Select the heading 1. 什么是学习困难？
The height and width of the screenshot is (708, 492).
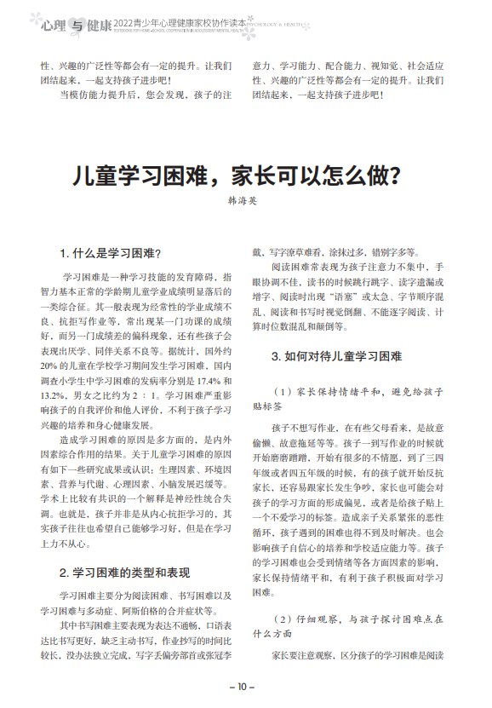click(x=111, y=254)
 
